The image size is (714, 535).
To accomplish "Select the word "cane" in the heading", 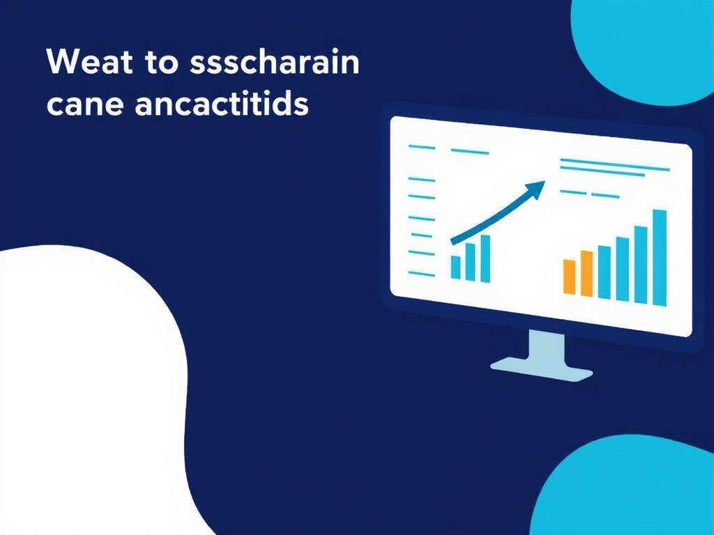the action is point(84,104).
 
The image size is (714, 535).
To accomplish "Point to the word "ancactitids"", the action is point(222,102).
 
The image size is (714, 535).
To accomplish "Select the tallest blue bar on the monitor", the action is point(660,258).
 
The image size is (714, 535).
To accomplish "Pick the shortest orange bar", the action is point(569,277).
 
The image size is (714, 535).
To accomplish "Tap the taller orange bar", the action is point(586,273).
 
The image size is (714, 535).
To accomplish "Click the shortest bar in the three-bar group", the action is point(455,267).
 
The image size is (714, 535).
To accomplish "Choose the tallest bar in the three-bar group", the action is point(485,258).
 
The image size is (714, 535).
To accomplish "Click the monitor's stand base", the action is point(541,369).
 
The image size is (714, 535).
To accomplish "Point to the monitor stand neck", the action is point(547,347).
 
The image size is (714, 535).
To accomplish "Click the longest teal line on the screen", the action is point(615,164).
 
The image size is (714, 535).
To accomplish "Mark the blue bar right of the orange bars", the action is point(605,272).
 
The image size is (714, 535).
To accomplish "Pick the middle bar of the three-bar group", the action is point(471,262).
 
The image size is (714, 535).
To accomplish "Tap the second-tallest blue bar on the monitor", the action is point(641,265).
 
